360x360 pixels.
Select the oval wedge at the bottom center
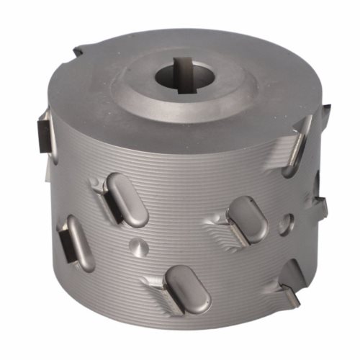(189, 289)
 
